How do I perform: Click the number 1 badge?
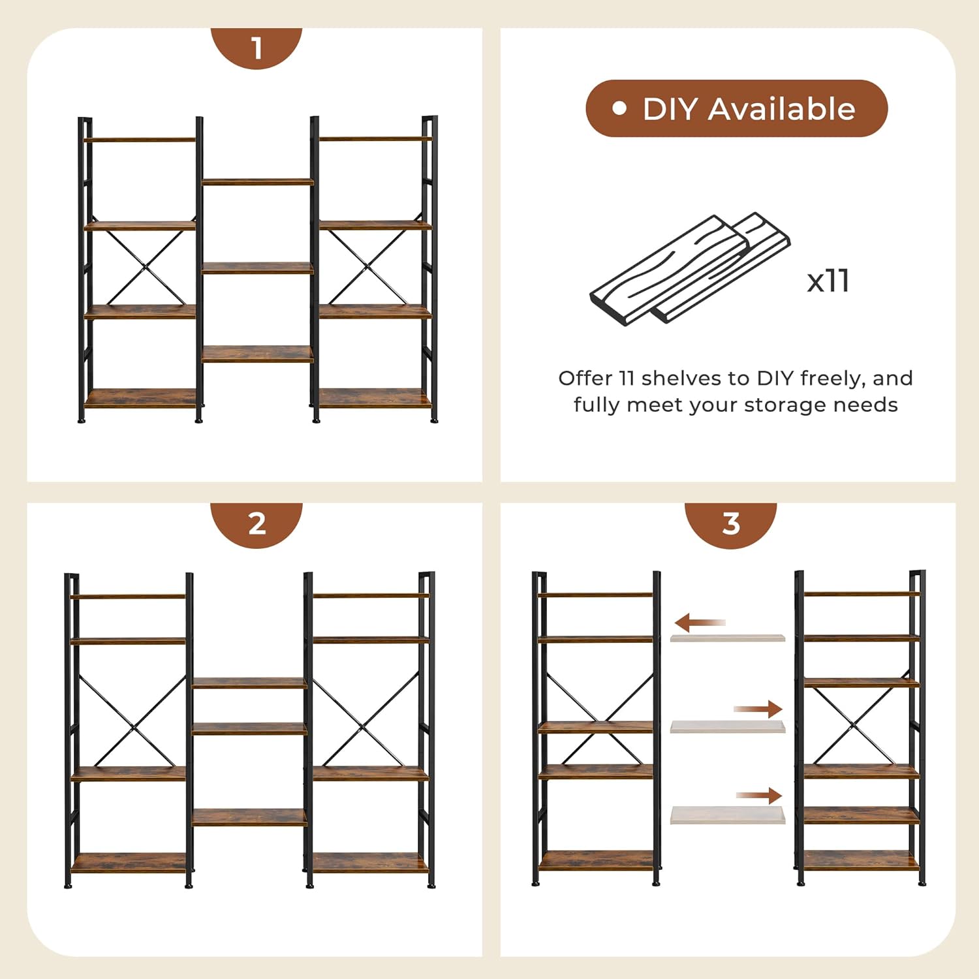(x=256, y=48)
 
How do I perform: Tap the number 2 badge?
(x=256, y=523)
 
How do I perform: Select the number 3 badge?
(x=730, y=523)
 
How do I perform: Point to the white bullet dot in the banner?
(x=619, y=108)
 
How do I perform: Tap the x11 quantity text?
(x=828, y=281)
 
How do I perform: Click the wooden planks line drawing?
(x=689, y=269)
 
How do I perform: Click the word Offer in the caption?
(x=585, y=378)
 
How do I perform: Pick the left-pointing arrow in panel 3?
(x=699, y=623)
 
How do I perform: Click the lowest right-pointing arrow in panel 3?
(x=759, y=795)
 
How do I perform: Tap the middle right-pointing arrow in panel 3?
(x=758, y=709)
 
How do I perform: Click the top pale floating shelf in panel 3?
(x=727, y=637)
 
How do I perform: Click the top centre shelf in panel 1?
(x=257, y=181)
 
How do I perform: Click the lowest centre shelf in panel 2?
(x=249, y=817)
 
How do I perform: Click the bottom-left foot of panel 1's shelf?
(x=82, y=420)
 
